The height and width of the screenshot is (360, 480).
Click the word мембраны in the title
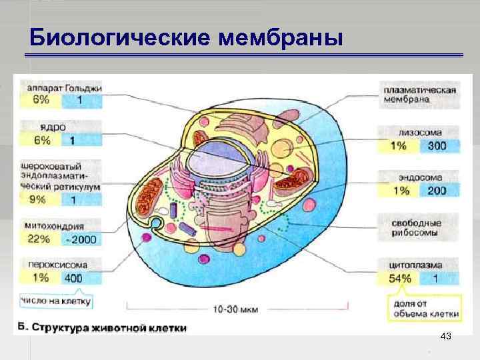[x=280, y=37]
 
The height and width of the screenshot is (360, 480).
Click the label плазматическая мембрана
[x=419, y=95]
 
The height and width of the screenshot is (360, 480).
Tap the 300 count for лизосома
[x=437, y=146]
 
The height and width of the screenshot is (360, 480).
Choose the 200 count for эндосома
[x=437, y=191]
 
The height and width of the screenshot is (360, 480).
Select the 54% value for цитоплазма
[x=400, y=279]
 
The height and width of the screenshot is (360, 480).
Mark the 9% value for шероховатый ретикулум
[x=39, y=199]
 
